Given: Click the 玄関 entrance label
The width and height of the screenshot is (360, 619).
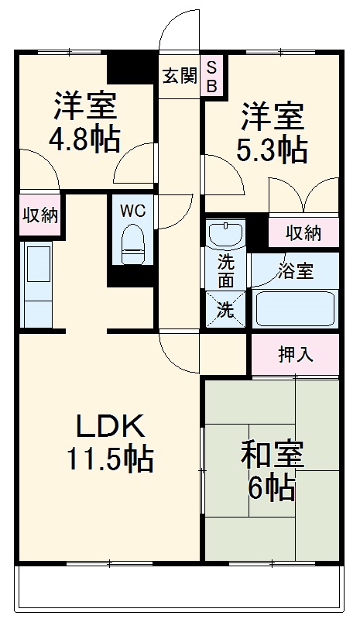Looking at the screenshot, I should (180, 77).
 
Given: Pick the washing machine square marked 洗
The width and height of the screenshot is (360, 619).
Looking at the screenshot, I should (225, 310).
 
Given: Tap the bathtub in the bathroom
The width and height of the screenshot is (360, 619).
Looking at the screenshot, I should (295, 308).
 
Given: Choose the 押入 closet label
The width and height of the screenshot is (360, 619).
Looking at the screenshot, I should (295, 355).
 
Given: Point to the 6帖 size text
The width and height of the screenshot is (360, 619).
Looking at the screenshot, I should (271, 488).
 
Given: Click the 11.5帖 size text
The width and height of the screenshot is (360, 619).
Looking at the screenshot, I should (108, 460).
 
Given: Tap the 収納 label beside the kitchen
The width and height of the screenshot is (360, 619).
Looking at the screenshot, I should (39, 215).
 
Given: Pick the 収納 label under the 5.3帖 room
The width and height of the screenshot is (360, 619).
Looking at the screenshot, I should (303, 232).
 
